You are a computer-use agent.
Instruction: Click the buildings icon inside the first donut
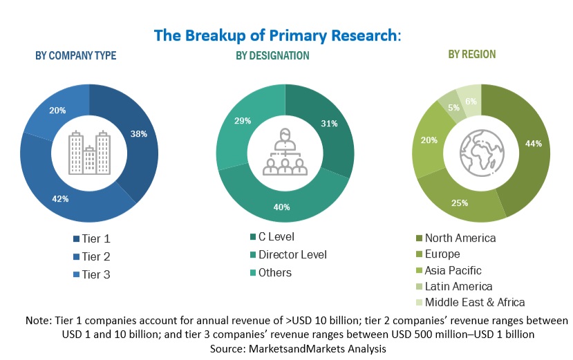pos(90,153)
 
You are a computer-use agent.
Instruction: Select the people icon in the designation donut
pos(285,153)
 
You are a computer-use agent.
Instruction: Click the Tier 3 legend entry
pos(95,274)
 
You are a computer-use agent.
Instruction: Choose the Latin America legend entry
pos(459,286)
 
